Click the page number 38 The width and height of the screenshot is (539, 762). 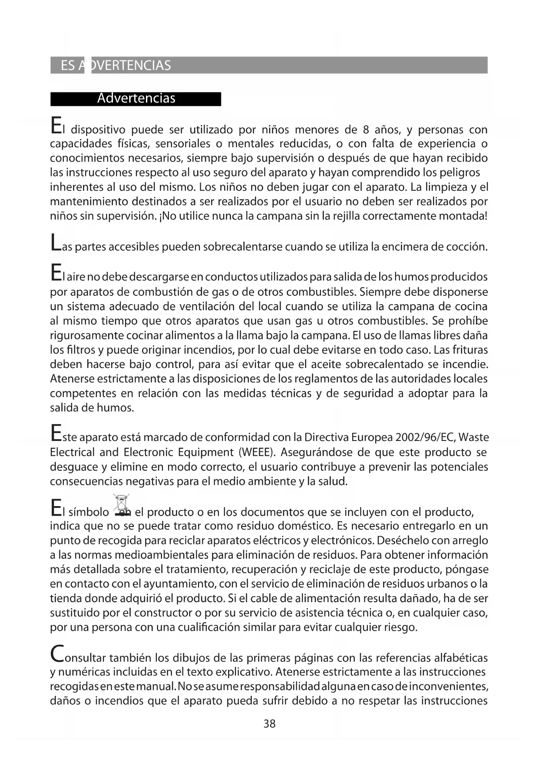269,724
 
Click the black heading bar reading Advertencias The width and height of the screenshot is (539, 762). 136,99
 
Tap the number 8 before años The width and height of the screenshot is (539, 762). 365,129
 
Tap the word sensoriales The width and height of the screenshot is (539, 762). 185,144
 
